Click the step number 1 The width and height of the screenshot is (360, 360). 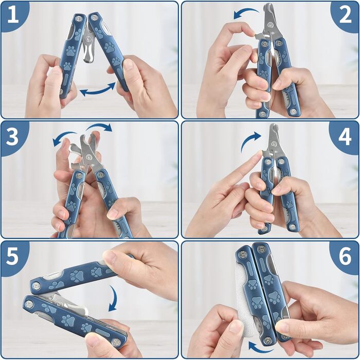tap(13, 14)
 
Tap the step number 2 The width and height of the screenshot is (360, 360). tap(345, 14)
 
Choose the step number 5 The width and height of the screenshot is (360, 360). tap(12, 256)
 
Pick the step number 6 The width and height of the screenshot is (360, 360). tap(345, 256)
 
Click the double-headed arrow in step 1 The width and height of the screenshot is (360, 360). tap(98, 90)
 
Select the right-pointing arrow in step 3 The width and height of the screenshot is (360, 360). tap(99, 127)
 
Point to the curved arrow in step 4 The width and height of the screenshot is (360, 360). tap(249, 140)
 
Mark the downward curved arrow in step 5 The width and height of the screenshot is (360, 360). tap(114, 298)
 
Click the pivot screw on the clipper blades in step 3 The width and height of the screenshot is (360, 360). tap(89, 157)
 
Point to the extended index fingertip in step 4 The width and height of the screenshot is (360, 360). tap(259, 154)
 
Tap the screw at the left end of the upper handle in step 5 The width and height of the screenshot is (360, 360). tap(36, 286)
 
